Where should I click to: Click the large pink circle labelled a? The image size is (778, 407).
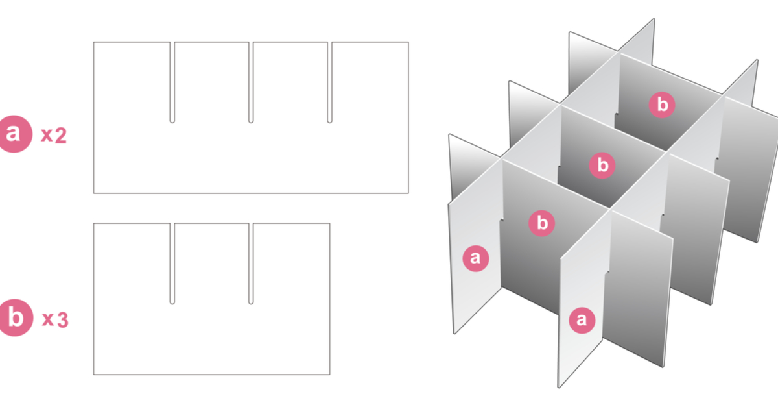click(x=15, y=134)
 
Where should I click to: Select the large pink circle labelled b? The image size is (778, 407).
click(x=15, y=318)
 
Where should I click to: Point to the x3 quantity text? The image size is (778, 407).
click(x=54, y=319)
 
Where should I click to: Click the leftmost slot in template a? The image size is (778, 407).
click(x=172, y=82)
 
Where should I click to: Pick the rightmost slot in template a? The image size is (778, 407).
click(x=330, y=82)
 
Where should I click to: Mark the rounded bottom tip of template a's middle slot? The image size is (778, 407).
click(x=251, y=120)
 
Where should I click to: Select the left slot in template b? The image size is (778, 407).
click(x=172, y=263)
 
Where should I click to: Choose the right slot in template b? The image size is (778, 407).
click(x=251, y=263)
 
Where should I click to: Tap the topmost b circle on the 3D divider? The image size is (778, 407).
click(x=662, y=105)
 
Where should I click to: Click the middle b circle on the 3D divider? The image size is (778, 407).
click(x=602, y=165)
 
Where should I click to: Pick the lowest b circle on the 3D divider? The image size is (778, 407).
click(x=542, y=223)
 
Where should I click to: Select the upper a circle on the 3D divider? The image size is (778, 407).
click(x=475, y=258)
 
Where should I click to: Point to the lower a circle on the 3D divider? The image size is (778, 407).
click(x=582, y=319)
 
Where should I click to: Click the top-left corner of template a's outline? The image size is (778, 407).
click(x=93, y=43)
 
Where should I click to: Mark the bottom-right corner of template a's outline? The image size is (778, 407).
click(x=408, y=193)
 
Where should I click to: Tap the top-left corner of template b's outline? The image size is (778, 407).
click(x=93, y=223)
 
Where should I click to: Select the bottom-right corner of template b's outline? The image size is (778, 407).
click(x=330, y=374)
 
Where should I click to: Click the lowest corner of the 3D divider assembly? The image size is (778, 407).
click(x=559, y=388)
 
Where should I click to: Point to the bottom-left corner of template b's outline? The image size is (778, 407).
click(x=93, y=374)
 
